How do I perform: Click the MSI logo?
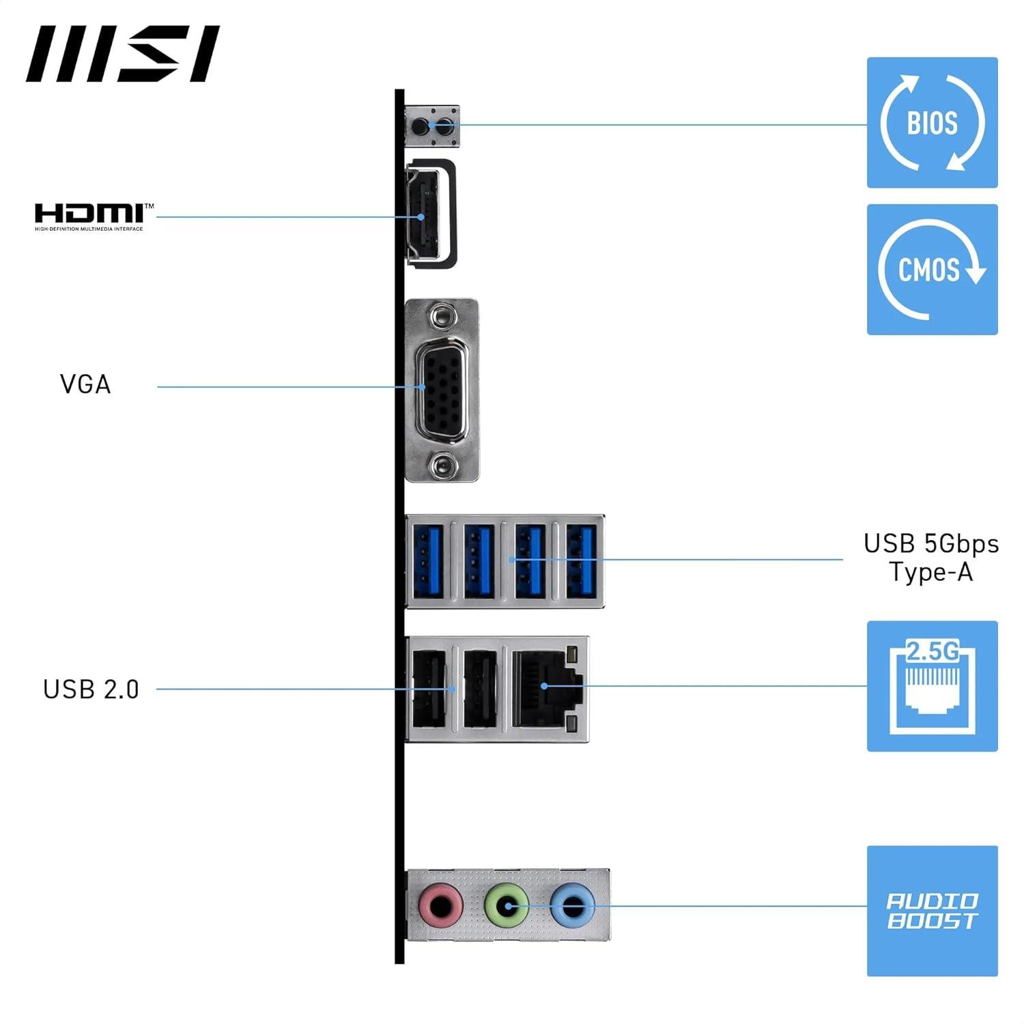[x=123, y=54]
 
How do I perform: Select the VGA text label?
[x=85, y=384]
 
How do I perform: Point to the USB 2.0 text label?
[x=91, y=689]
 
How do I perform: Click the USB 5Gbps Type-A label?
[x=930, y=558]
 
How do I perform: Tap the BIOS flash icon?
[x=932, y=123]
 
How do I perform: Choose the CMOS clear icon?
[x=932, y=270]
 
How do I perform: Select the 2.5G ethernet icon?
[x=932, y=686]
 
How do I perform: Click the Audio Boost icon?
[x=932, y=911]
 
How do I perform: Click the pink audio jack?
[x=440, y=907]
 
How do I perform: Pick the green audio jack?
[x=506, y=907]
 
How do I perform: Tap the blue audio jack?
[x=572, y=907]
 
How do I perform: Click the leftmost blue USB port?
[x=428, y=560]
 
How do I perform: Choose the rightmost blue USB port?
[x=581, y=560]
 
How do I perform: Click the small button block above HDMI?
[x=433, y=126]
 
